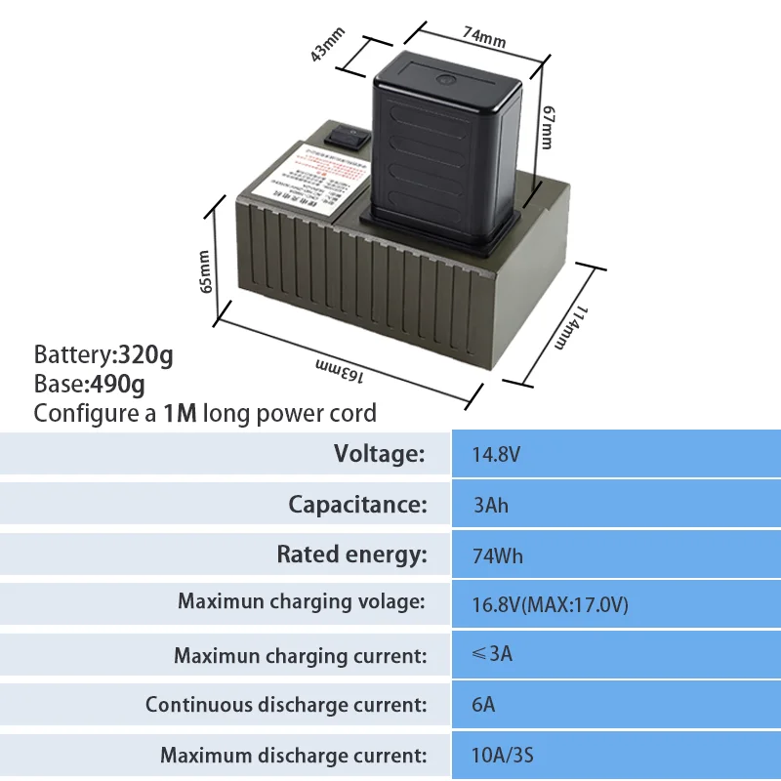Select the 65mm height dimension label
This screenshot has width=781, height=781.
pos(205,271)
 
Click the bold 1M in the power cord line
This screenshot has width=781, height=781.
pos(181,413)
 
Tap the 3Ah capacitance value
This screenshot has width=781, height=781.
pos(490,506)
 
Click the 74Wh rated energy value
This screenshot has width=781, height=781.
pos(498,556)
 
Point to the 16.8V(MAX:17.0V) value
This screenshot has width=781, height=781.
pos(550,605)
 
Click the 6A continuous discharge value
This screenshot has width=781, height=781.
pos(483,704)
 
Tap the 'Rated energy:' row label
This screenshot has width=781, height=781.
pos(351,555)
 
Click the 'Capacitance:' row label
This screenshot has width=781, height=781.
pos(357,505)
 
